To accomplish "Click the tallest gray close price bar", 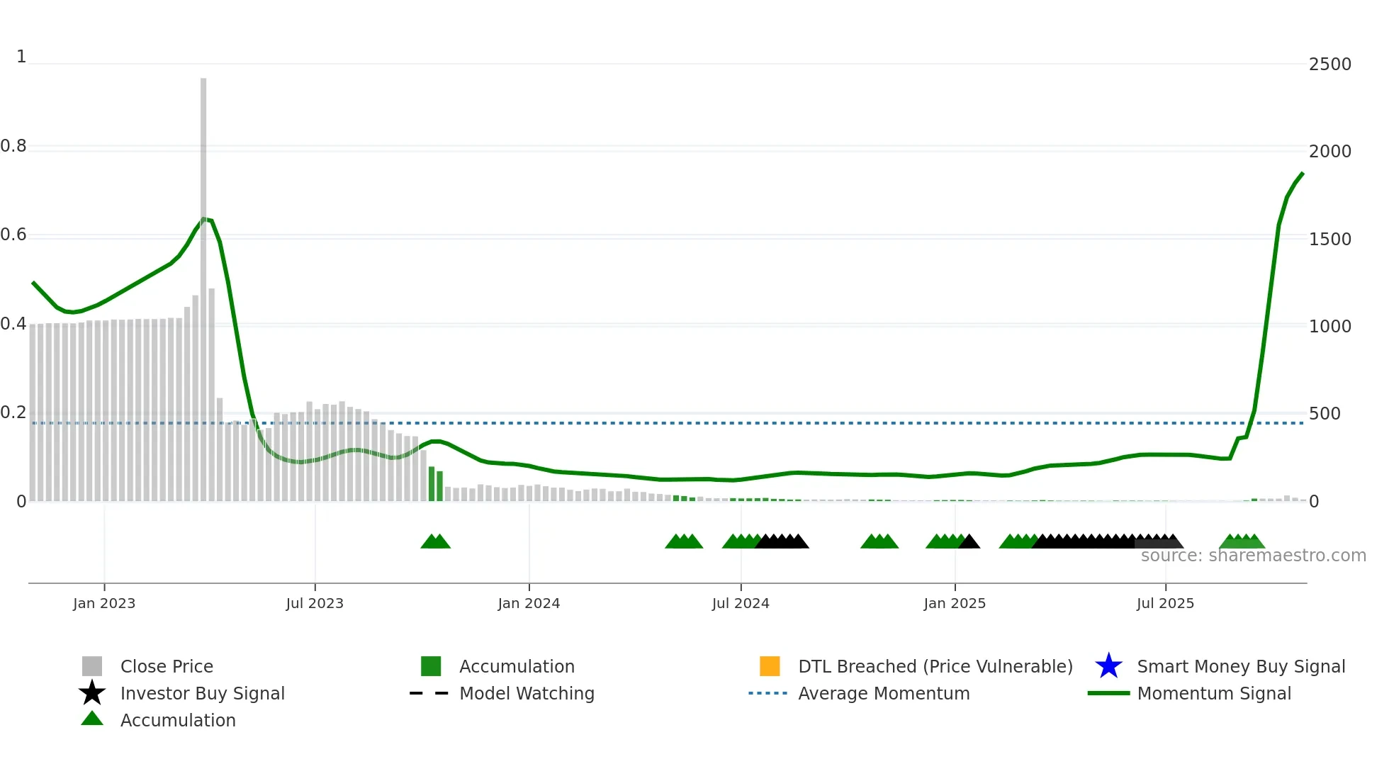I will point(203,283).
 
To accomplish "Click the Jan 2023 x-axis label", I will point(104,603).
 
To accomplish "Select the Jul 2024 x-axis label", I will point(741,603).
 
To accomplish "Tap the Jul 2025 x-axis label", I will point(1165,603).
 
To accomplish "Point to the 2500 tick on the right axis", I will point(1329,64).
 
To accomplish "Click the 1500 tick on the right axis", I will point(1329,240).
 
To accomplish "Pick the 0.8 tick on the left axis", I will point(13,146).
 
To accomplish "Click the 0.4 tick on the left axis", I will point(13,324).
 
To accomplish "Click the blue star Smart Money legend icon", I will point(1108,666).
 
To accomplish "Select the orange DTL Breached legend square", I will point(770,666).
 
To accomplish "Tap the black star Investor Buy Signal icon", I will point(92,693).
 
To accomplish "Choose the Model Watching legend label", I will point(527,693).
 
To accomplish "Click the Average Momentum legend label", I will point(884,693).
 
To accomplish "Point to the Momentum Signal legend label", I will point(1214,693).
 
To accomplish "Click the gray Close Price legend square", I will point(92,666).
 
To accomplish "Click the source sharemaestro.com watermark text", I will point(1253,556).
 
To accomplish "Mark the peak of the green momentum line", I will point(1302,174).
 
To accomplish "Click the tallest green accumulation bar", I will point(432,483).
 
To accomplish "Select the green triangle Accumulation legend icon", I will point(92,719).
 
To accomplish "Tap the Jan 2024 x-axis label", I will point(529,603).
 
